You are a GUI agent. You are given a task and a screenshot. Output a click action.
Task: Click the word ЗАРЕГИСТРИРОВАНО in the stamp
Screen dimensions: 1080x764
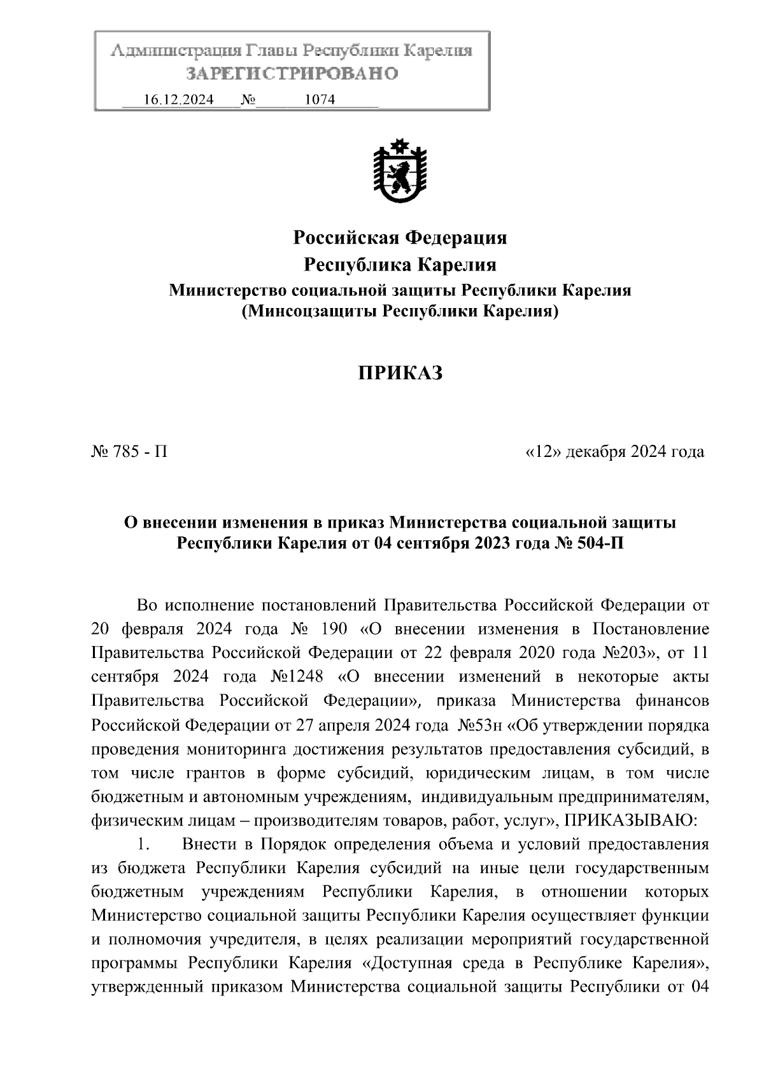(292, 74)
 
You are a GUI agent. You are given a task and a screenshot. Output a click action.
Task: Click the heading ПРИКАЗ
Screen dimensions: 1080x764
(400, 374)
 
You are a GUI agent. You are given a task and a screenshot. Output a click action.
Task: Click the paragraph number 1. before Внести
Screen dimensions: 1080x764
(143, 845)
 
